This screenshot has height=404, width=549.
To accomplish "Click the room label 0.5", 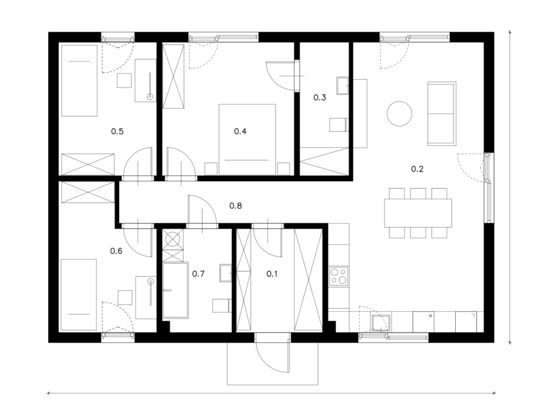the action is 117,131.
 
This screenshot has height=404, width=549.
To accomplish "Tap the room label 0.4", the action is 240,131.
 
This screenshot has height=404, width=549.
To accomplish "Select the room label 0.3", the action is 320,98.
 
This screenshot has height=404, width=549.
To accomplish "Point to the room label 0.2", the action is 417,169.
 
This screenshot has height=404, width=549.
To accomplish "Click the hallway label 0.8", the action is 236,206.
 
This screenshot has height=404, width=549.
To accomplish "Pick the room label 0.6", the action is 116,251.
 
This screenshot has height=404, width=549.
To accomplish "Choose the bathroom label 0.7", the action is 198,274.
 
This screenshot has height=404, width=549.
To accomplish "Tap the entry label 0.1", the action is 272,274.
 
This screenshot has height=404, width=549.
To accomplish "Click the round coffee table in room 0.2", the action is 399,114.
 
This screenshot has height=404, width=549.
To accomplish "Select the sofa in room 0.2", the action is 442,114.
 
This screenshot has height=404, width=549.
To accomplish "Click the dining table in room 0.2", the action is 418,213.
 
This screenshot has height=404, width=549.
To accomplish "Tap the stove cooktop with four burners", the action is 339,276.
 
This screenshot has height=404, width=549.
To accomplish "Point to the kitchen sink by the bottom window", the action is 381,323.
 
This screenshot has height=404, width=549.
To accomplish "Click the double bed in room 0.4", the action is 247,139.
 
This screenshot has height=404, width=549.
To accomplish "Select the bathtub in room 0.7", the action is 176,290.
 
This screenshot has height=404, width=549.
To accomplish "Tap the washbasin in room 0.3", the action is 343,86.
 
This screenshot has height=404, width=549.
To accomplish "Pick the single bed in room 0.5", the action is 79,80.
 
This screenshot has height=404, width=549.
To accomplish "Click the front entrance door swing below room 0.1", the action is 273,353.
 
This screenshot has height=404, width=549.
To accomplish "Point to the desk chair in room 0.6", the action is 125,297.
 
